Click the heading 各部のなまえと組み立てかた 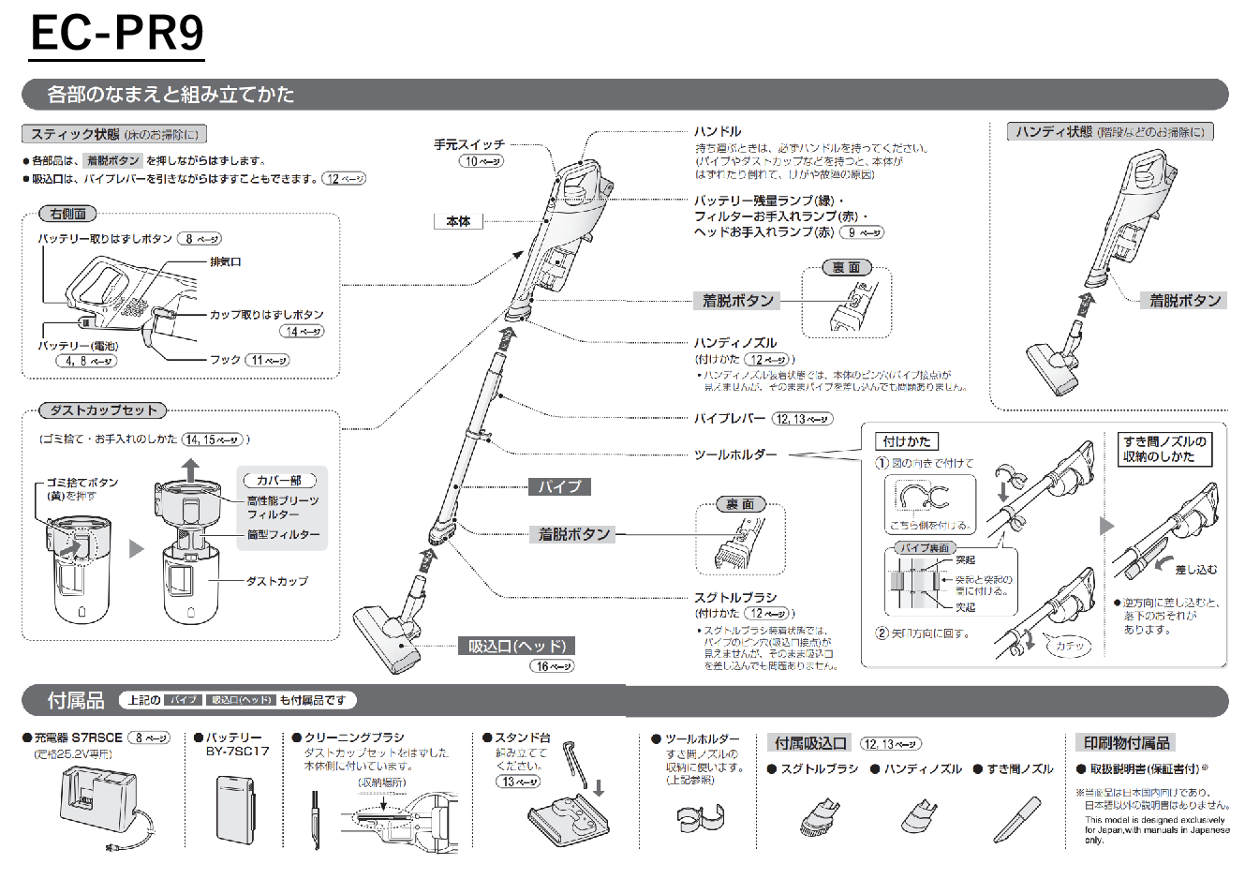coord(170,95)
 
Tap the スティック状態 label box coord(114,134)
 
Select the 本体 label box coord(458,221)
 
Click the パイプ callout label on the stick coord(559,486)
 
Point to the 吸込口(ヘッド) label coord(518,646)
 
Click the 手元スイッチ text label coord(468,144)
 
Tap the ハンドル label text coord(718,131)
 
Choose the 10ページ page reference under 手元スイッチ coord(482,161)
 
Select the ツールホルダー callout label coord(735,454)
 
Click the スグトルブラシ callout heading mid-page coord(735,597)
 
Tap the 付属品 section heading coord(76,700)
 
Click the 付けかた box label coord(907,441)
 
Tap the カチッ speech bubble coord(1069,646)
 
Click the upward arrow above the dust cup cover coord(190,468)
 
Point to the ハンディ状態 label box coord(1110,132)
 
